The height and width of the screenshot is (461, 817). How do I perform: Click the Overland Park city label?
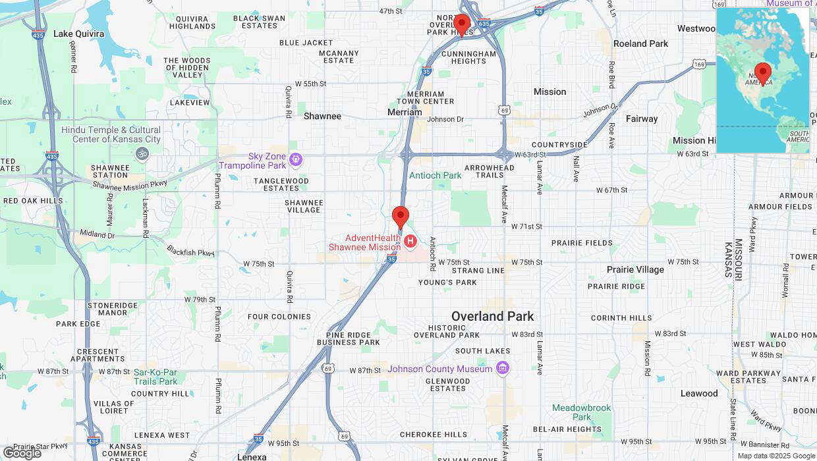[x=492, y=316]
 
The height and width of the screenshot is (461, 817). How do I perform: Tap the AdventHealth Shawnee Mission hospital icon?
[x=410, y=242]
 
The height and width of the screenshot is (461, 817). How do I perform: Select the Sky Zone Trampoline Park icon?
[x=296, y=159]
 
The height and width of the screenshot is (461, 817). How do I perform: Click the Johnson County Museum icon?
[x=503, y=368]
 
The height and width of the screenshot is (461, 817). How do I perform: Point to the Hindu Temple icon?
[x=142, y=154]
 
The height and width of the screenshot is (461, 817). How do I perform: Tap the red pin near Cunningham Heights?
[x=462, y=25]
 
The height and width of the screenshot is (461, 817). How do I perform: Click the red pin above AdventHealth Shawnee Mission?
[x=401, y=217]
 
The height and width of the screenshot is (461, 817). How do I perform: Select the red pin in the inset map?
[x=763, y=73]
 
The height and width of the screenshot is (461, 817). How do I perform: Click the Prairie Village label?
[x=635, y=269]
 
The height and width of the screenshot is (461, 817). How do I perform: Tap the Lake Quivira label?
[x=78, y=34]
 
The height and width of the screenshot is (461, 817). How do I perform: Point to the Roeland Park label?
[x=640, y=43]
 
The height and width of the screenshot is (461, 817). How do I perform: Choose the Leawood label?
[x=699, y=393]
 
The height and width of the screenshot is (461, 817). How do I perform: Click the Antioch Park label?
[x=435, y=175]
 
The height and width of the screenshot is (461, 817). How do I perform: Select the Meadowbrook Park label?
[x=581, y=412]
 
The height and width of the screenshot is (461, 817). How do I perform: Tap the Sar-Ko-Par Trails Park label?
[x=155, y=377]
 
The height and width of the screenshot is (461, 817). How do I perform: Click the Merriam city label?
[x=404, y=112]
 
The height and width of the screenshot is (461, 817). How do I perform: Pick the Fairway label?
[x=641, y=119]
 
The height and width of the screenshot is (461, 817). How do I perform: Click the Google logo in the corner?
[x=22, y=452]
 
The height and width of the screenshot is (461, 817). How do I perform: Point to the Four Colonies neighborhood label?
[x=279, y=317]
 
